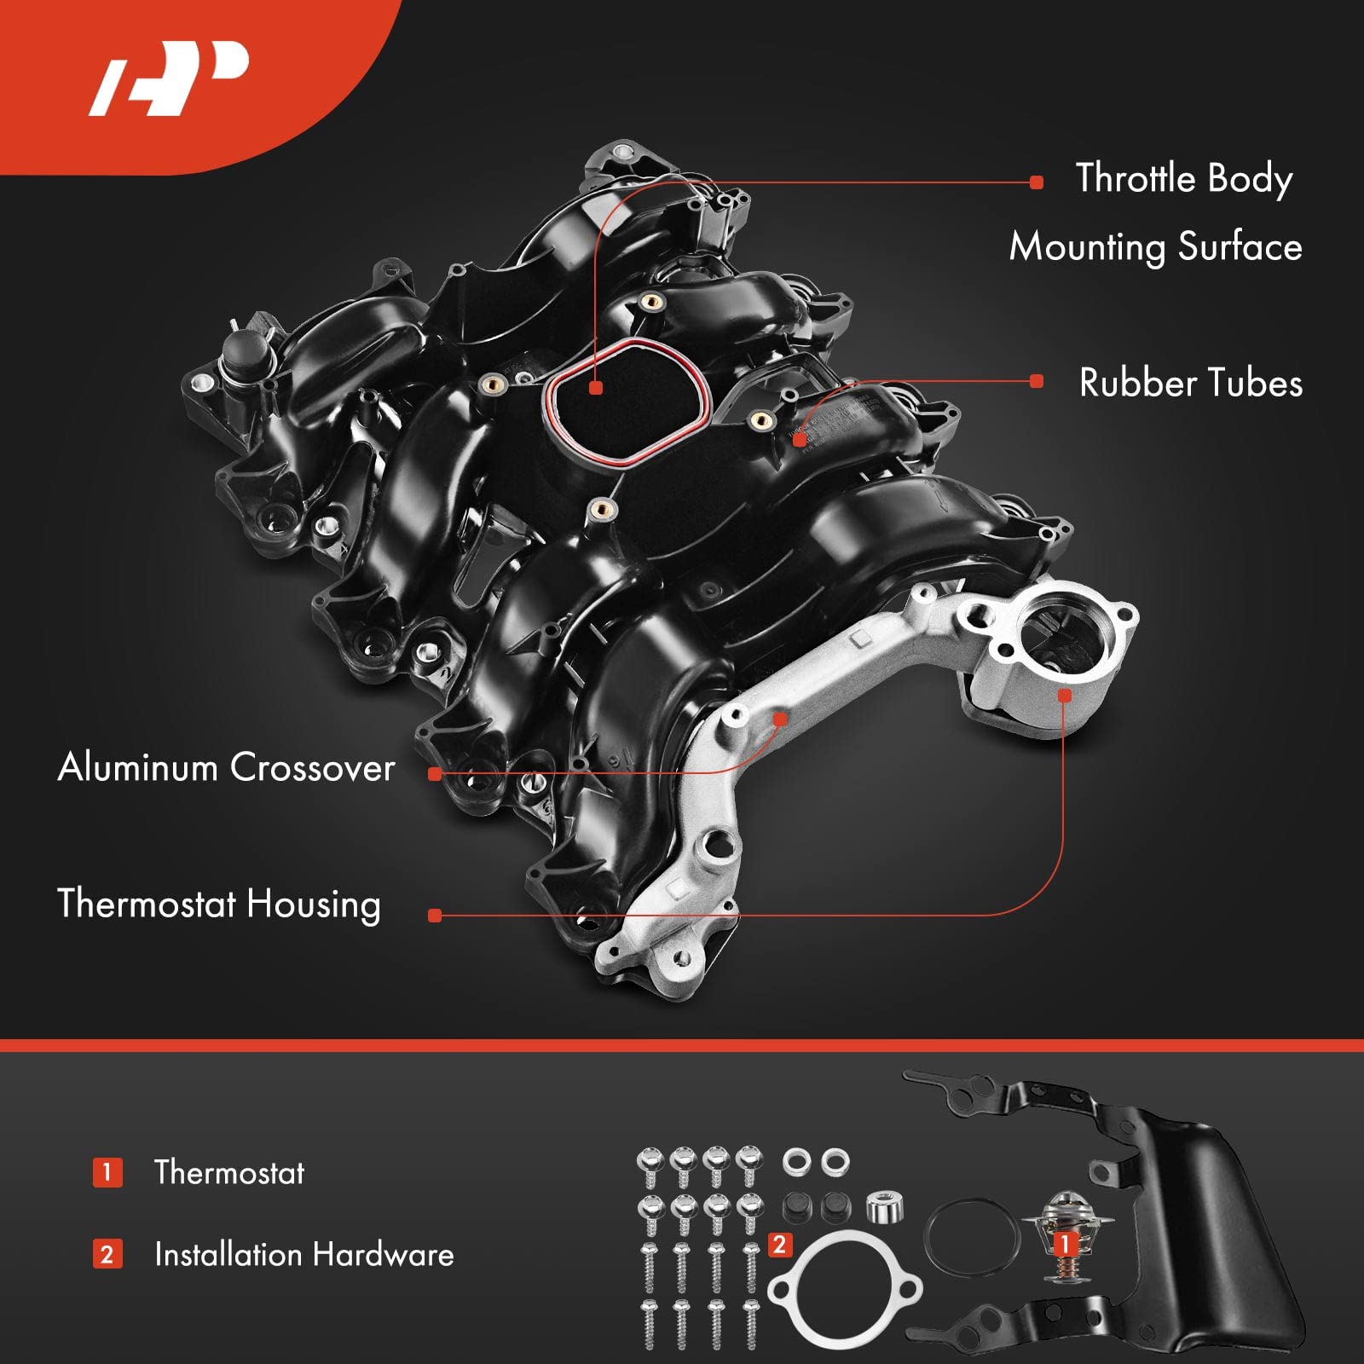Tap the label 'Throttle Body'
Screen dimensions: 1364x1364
pyautogui.click(x=1183, y=179)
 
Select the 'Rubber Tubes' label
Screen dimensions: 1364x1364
pyautogui.click(x=1190, y=383)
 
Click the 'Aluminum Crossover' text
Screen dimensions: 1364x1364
pyautogui.click(x=226, y=767)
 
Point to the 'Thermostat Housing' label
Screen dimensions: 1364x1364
pyautogui.click(x=218, y=904)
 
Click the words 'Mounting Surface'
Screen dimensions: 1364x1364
pyautogui.click(x=1155, y=247)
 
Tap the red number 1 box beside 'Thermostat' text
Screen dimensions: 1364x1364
pyautogui.click(x=107, y=1172)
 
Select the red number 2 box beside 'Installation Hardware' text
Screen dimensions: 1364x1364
pyautogui.click(x=107, y=1254)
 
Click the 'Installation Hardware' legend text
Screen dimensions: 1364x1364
pyautogui.click(x=303, y=1254)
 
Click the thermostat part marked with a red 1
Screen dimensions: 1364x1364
pyautogui.click(x=1062, y=1228)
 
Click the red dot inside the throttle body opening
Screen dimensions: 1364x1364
pyautogui.click(x=596, y=388)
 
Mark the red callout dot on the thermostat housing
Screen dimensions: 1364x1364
pyautogui.click(x=1064, y=696)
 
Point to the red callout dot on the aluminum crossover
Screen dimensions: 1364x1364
pyautogui.click(x=779, y=719)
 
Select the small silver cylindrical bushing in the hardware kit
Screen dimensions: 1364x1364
pyautogui.click(x=885, y=1206)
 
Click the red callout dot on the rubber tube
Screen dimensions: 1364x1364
pyautogui.click(x=799, y=440)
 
